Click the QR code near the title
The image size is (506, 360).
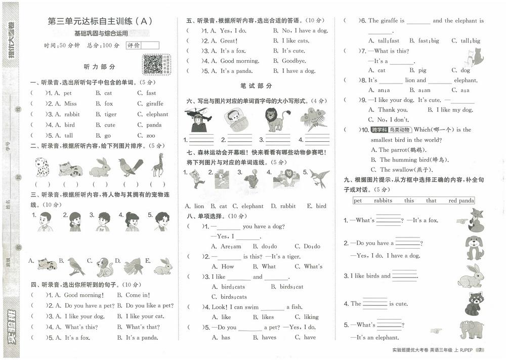click(x=156, y=65)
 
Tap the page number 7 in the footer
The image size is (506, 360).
click(x=481, y=350)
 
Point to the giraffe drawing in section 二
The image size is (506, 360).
click(x=158, y=165)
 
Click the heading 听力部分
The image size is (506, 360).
click(x=99, y=67)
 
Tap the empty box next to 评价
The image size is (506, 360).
click(x=150, y=46)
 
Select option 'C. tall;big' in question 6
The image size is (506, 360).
click(x=466, y=41)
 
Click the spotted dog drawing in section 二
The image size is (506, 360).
click(x=41, y=167)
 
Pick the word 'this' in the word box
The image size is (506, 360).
click(x=409, y=201)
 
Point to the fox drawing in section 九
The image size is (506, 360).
click(x=475, y=219)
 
